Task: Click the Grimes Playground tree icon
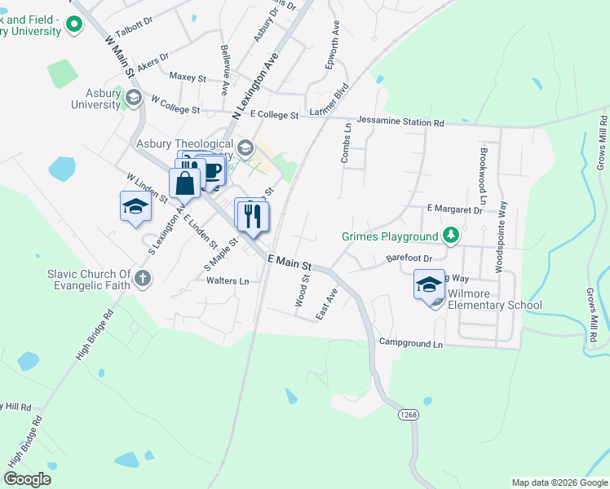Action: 450,236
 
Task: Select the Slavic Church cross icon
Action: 143,279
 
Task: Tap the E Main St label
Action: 290,262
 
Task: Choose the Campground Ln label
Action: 410,344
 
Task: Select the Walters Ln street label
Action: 228,280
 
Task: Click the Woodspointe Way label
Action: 501,236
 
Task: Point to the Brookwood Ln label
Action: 483,174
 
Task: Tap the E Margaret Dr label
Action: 454,209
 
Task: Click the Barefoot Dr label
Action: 408,259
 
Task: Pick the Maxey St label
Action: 188,77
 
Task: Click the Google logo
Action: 28,479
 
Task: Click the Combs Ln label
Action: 347,143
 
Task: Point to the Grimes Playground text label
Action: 389,237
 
